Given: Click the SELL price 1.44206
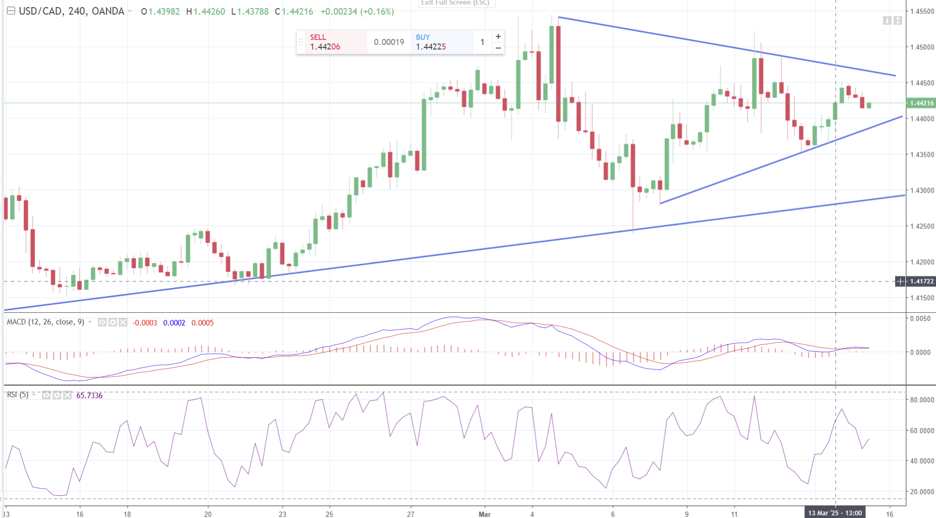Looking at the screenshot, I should pos(325,46).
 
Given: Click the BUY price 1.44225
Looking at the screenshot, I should pos(431,46).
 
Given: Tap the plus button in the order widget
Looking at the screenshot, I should pos(498,36).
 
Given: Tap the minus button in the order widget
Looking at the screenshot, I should pos(498,48).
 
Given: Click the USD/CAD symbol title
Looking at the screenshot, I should pos(71,11).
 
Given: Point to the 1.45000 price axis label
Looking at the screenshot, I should pos(922,47).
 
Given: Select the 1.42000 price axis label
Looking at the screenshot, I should pos(922,262).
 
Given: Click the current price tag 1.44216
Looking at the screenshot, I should pos(922,103).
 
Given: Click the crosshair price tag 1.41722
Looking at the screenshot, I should pos(922,281).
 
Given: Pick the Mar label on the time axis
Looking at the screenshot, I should pos(485,514).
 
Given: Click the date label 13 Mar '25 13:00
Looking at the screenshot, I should pos(835,513).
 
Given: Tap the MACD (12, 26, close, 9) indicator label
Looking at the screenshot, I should pos(45,322).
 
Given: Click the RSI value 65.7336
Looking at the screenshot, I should pos(89,395).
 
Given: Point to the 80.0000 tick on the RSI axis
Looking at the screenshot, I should pos(922,400).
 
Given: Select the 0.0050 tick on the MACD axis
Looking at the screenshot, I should pos(920,318).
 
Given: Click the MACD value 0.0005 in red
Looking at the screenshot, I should pos(202,322).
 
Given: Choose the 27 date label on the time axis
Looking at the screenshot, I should pos(411,514).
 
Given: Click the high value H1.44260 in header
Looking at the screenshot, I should pos(205,11).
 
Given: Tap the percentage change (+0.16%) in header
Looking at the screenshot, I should pos(377,11).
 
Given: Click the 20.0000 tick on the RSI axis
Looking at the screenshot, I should pos(922,492).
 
